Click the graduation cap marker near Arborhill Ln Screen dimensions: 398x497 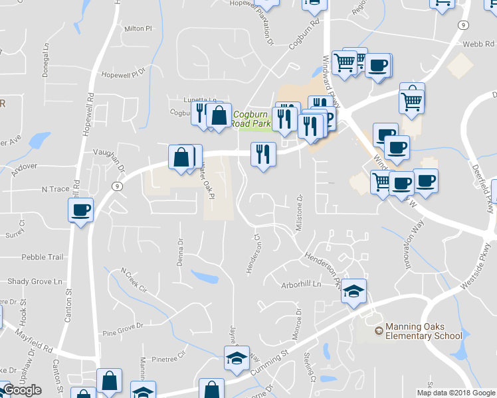354,291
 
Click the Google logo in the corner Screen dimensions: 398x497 21,390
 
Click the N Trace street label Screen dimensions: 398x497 55,189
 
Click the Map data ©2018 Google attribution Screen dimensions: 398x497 455,393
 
